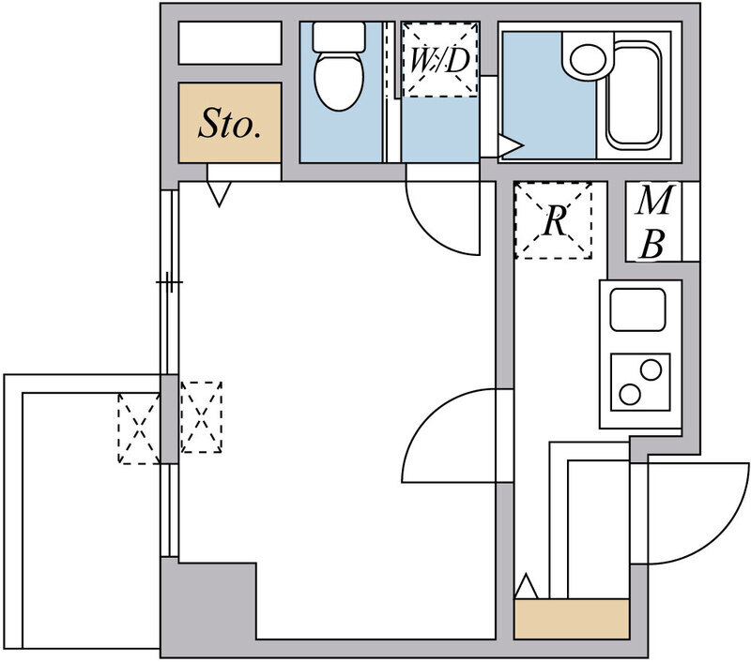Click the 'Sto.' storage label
pos(230,124)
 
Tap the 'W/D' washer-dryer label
pos(439,60)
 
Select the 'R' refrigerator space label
pos(555,220)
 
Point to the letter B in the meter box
pos(652,244)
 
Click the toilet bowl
pos(339,82)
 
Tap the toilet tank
pos(339,37)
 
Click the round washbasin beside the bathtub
pos(589,59)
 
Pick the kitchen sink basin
pos(638,309)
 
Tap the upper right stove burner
pos(651,369)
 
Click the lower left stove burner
pos(630,394)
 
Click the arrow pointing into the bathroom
pos(511,145)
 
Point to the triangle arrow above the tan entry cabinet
pos(527,586)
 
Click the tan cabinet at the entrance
pos(572,619)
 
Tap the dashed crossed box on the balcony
pos(139,429)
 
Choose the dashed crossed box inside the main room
pos(201,417)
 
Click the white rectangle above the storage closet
pos(230,42)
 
